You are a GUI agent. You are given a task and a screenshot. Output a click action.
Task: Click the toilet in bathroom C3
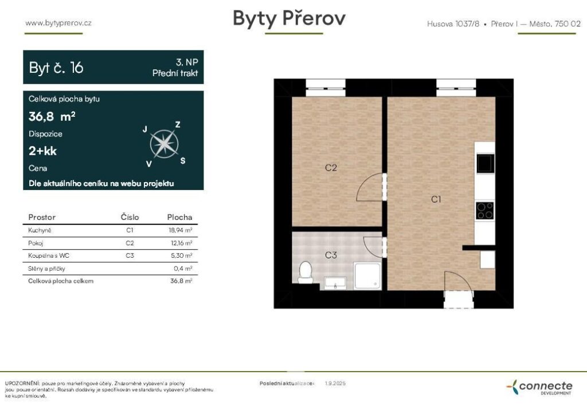(306, 273)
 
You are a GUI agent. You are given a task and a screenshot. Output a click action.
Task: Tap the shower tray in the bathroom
(367, 276)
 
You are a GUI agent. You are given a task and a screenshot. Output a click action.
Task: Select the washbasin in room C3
(335, 283)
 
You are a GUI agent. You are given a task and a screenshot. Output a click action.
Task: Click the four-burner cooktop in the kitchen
(485, 211)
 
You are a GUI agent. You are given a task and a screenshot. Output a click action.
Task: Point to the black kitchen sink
(485, 163)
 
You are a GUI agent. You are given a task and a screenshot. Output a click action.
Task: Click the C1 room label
(436, 199)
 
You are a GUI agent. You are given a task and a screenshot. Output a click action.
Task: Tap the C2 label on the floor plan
(331, 168)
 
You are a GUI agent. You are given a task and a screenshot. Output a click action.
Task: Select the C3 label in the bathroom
(331, 255)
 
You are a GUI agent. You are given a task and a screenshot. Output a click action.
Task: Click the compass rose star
(164, 144)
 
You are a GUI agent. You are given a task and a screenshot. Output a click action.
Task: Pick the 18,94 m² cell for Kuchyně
(181, 230)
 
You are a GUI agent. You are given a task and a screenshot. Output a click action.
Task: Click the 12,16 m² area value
(182, 243)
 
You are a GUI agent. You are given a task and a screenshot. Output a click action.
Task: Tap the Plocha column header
(179, 217)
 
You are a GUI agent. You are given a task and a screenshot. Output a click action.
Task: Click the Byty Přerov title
(289, 18)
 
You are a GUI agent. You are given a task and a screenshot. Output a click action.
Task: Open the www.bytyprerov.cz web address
(58, 23)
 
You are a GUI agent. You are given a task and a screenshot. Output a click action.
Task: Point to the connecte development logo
(539, 387)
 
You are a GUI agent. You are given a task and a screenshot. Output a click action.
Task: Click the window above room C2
(326, 88)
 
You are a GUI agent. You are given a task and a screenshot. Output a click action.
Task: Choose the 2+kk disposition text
(42, 151)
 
